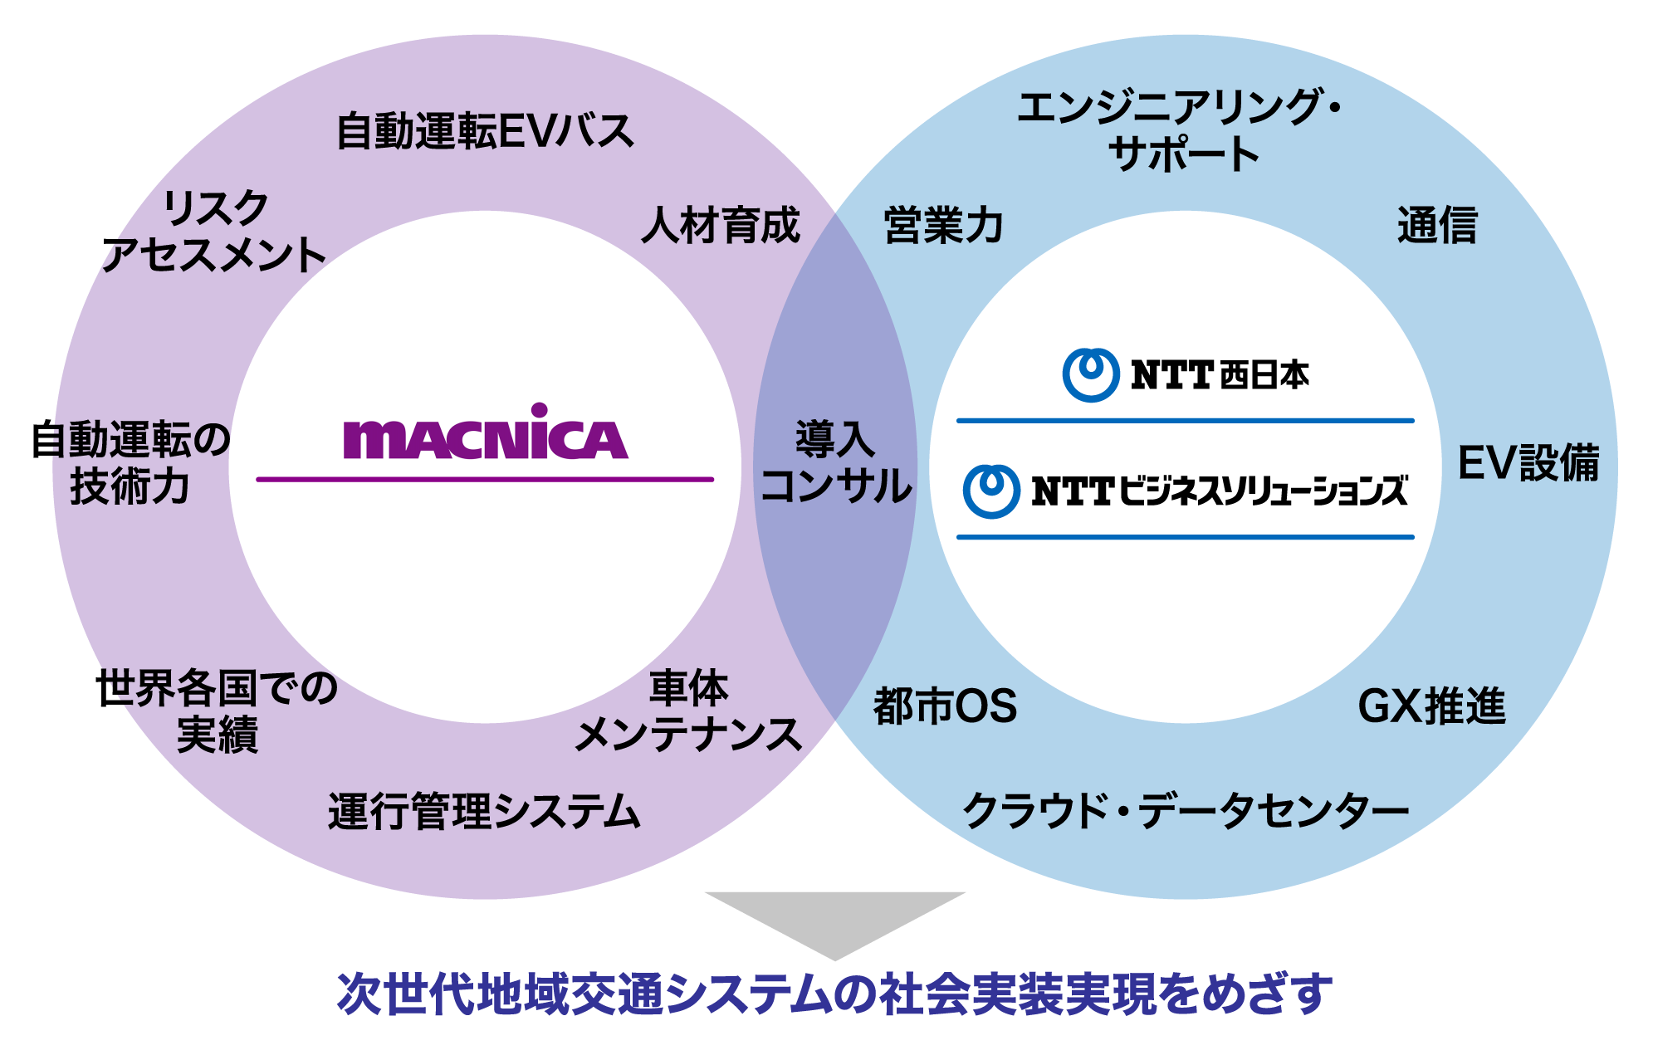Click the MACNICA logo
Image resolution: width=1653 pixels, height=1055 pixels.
486,433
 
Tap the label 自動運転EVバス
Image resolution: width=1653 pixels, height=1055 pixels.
486,131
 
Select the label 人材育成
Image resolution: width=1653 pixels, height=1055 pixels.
721,225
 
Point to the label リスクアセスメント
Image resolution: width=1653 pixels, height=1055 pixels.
214,232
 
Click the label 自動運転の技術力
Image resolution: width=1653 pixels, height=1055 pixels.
130,463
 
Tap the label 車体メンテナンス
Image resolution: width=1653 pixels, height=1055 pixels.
688,711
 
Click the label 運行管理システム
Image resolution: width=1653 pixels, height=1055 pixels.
484,811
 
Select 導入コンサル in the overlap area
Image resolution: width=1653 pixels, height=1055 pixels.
836,463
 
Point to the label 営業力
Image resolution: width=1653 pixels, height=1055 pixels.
943,225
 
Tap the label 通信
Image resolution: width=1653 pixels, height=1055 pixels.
1437,225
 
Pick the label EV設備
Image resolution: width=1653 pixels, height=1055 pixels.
1528,463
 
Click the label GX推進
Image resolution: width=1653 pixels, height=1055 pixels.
1431,706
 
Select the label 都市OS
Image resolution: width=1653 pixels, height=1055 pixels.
945,706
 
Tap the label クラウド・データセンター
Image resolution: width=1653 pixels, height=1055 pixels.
1186,811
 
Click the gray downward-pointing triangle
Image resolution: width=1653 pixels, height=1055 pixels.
835,919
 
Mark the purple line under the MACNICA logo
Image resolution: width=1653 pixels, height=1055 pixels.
485,479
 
